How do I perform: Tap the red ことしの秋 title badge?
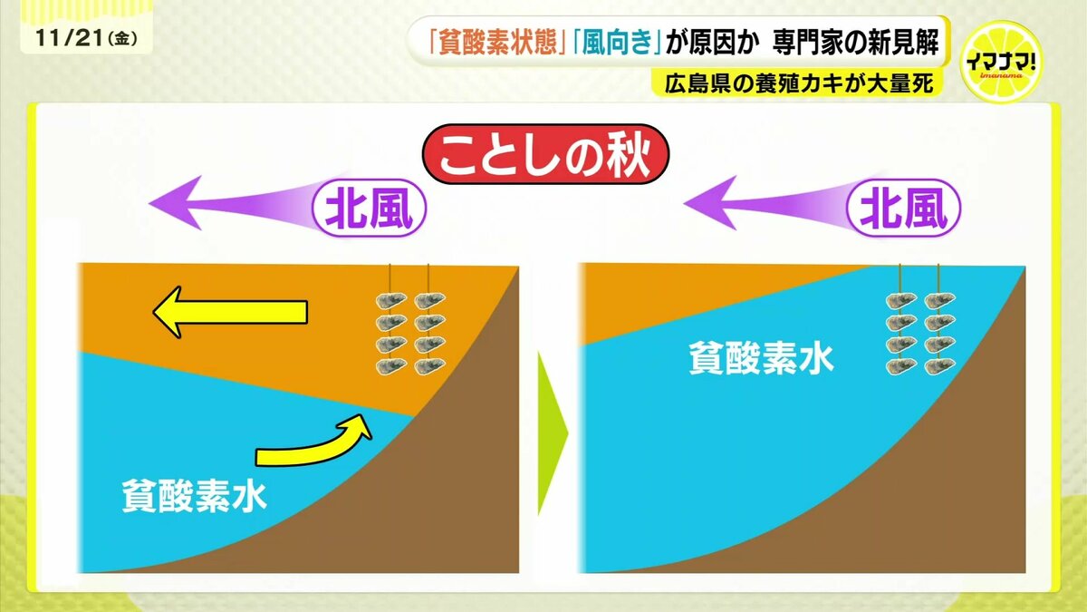click(x=545, y=154)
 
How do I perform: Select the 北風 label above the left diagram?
click(x=369, y=208)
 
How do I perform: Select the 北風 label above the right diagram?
click(x=904, y=208)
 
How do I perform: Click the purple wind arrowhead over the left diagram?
click(x=178, y=202)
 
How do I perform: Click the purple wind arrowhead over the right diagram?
click(x=711, y=202)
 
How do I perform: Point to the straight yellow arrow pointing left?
click(x=230, y=312)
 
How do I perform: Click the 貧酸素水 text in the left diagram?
click(x=194, y=496)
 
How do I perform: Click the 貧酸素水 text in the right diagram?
click(x=762, y=358)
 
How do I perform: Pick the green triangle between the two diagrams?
click(x=553, y=433)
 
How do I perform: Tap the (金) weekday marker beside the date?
click(x=123, y=39)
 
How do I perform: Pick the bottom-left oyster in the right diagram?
click(x=901, y=366)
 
